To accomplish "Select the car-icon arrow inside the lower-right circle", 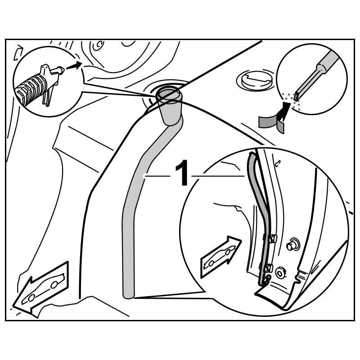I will point(220,255).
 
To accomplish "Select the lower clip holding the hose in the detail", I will point(267,268).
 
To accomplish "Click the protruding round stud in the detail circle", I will point(292,245).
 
